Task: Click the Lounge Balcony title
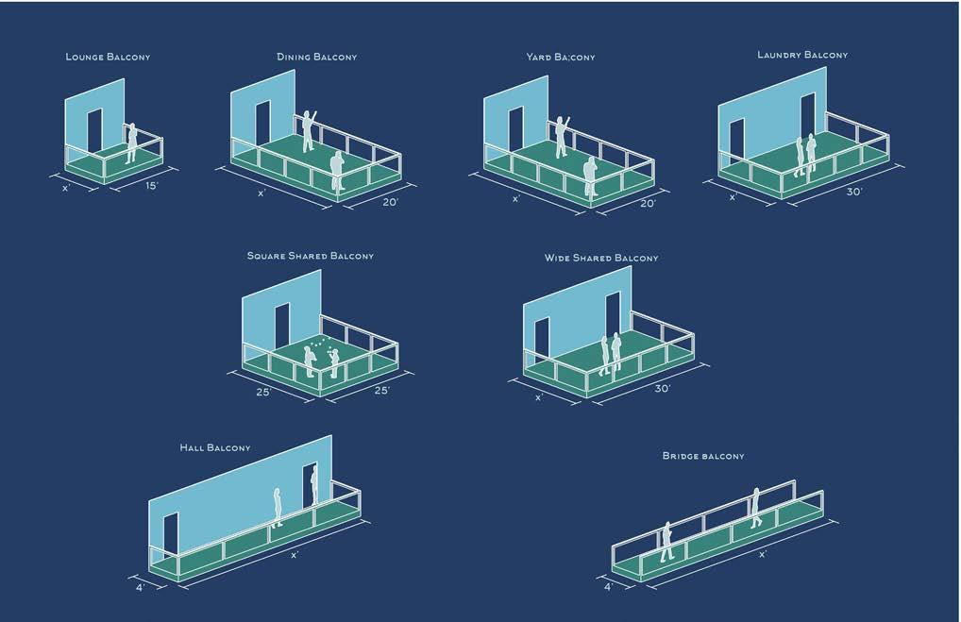[108, 58]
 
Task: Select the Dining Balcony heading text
[317, 58]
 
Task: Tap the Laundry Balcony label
[802, 55]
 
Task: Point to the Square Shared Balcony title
[310, 256]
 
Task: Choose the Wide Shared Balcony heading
[601, 258]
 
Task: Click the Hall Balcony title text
[215, 447]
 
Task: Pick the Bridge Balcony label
[703, 456]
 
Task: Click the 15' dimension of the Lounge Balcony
[150, 186]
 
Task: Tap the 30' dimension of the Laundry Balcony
[855, 192]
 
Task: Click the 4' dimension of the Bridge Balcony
[608, 586]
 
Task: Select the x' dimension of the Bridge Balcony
[763, 554]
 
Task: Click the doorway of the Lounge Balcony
[94, 132]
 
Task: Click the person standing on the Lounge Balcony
[132, 143]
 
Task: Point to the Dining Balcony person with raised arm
[308, 132]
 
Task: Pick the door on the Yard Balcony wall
[514, 132]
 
